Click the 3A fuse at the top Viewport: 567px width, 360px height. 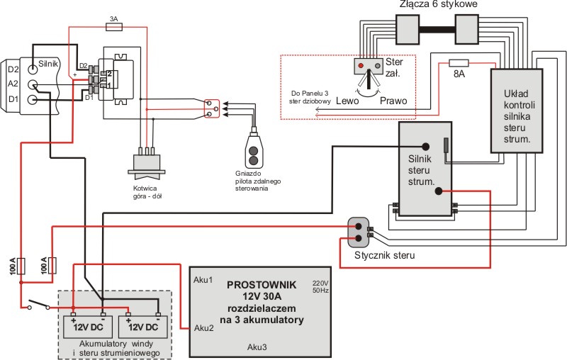click(114, 27)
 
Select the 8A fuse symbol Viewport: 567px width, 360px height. click(459, 62)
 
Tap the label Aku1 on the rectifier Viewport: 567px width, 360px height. click(203, 281)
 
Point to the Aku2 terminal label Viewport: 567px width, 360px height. click(203, 327)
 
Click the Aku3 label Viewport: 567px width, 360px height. click(257, 347)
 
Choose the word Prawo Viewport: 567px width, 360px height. click(393, 101)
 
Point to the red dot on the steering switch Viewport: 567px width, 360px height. click(361, 66)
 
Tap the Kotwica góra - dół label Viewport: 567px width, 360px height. click(151, 193)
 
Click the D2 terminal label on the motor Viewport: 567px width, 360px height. click(13, 69)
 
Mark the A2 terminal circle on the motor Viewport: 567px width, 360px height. click(33, 85)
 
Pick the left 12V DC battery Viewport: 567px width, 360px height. click(86, 327)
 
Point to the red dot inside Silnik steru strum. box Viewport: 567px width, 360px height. click(439, 191)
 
